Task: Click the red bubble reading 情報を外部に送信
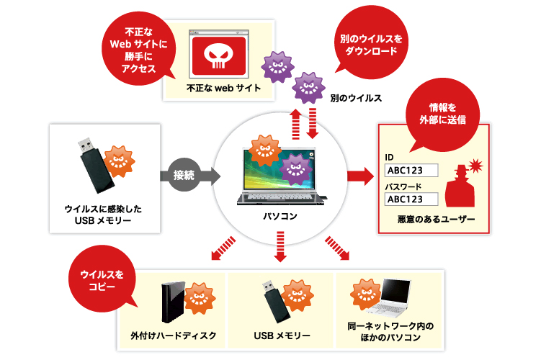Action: [x=444, y=114]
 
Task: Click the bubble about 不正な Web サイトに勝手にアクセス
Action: [x=137, y=48]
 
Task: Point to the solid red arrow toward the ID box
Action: [x=358, y=175]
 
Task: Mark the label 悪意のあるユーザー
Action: [x=436, y=219]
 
